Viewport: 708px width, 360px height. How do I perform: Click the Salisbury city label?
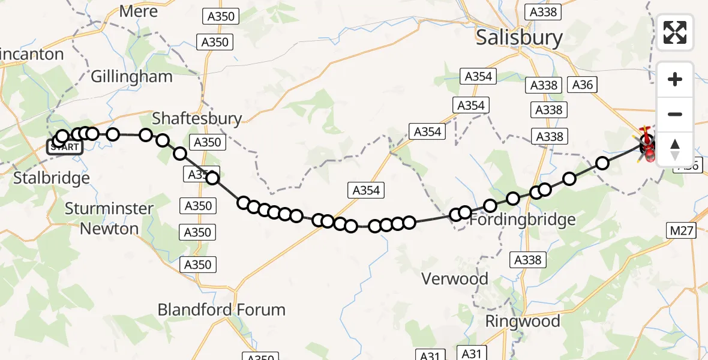click(x=519, y=38)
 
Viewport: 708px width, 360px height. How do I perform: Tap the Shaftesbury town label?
click(x=197, y=118)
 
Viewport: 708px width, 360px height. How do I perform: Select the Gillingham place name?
click(x=131, y=76)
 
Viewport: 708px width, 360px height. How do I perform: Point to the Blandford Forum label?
click(x=221, y=310)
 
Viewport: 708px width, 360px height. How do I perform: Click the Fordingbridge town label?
click(x=522, y=220)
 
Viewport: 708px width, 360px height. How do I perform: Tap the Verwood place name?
click(x=455, y=278)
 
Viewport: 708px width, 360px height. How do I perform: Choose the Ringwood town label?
click(x=523, y=321)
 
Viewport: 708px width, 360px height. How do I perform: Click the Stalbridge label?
click(x=52, y=178)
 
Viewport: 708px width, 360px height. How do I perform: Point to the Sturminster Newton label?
click(x=109, y=218)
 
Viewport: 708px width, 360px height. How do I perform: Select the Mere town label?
click(x=139, y=11)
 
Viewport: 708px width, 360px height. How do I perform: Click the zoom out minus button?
click(x=675, y=114)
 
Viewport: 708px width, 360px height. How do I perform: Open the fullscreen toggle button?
click(x=675, y=32)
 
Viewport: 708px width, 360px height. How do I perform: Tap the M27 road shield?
click(x=681, y=230)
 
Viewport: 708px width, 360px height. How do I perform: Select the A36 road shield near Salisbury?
click(x=582, y=85)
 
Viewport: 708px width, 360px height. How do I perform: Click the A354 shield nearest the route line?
click(x=366, y=191)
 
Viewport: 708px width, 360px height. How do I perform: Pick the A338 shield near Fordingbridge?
click(x=527, y=260)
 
